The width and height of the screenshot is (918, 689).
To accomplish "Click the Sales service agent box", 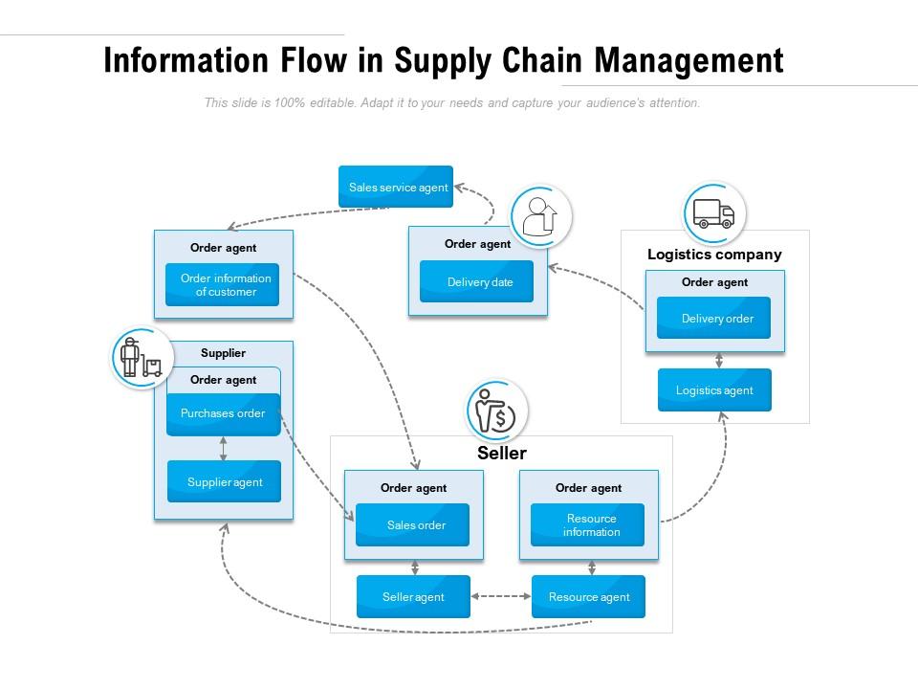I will click(396, 187).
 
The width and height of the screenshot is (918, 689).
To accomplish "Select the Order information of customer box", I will click(223, 285).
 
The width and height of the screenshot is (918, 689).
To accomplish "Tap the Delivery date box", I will click(477, 282).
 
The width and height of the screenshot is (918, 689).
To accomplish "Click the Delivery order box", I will click(714, 319).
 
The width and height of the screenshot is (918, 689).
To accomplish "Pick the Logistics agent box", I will click(714, 390).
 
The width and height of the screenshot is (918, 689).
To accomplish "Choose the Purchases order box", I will click(223, 414).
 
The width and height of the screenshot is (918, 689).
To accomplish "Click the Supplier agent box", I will click(224, 482).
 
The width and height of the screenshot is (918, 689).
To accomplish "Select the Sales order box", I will click(413, 525).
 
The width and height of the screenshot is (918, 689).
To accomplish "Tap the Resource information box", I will click(588, 525).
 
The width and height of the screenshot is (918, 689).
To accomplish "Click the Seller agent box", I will click(413, 597).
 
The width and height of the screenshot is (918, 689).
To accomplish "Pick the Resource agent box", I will click(588, 597).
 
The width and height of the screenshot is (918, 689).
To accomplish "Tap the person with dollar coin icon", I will click(496, 411).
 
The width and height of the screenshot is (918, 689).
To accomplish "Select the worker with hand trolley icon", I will click(142, 359).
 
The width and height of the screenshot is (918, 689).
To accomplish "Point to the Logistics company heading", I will click(714, 255).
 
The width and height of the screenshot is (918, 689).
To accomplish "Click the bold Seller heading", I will click(502, 454).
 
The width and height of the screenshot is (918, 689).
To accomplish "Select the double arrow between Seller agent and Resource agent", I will click(501, 597).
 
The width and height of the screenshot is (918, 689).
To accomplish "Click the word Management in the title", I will click(688, 60).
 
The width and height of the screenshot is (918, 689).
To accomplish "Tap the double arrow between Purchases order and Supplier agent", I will click(224, 449).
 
